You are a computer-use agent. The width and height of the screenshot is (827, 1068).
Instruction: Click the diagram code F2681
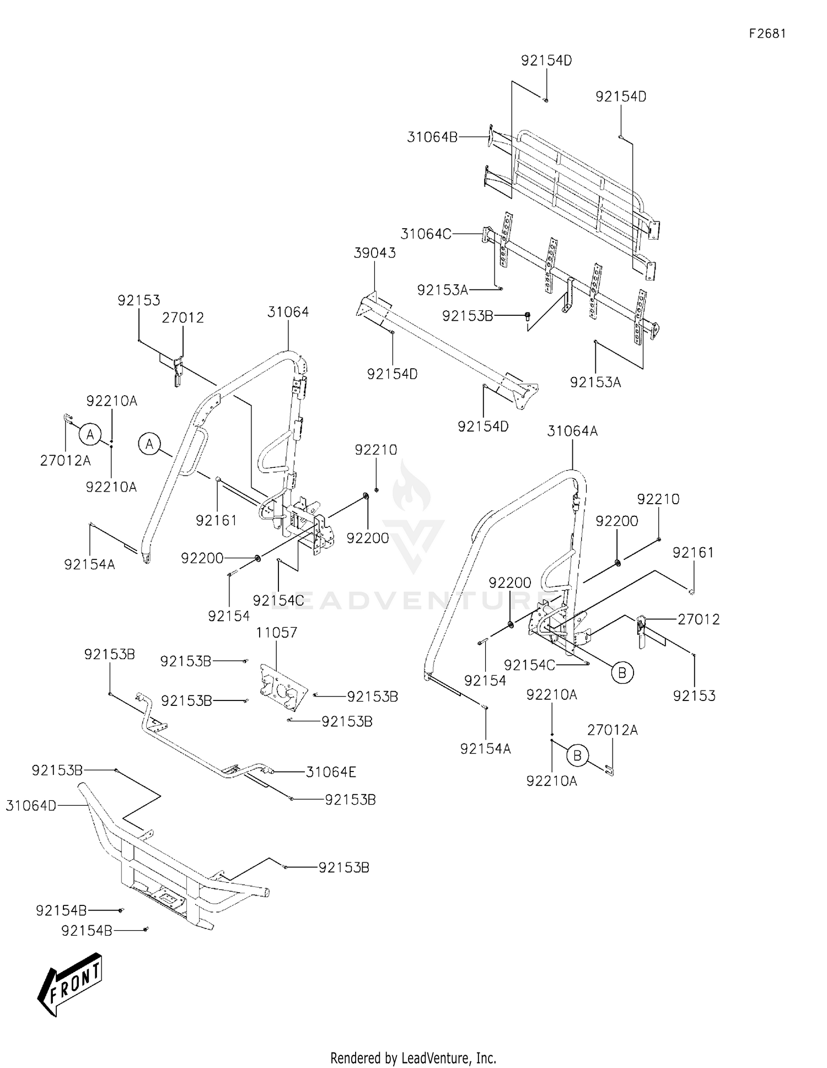pos(767,34)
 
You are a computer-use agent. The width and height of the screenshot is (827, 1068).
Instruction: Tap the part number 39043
pos(375,253)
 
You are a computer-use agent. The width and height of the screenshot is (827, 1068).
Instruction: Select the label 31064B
pos(432,137)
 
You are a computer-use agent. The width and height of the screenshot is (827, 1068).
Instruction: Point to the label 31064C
pos(426,234)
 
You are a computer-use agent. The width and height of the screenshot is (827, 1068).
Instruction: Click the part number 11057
pos(277,633)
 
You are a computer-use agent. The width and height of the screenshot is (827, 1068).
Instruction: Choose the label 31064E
pos(331,772)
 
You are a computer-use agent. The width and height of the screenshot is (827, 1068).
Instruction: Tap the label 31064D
pos(31,806)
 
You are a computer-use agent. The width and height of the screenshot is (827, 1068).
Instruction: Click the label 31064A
pos(572,431)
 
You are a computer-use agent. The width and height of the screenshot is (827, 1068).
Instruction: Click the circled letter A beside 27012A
pos(90,435)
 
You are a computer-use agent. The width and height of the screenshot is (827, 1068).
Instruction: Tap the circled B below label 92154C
pos(622,672)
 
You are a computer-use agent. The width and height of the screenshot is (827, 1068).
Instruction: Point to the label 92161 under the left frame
pos(217,520)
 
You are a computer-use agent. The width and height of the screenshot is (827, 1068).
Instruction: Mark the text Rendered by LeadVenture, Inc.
pos(413,1058)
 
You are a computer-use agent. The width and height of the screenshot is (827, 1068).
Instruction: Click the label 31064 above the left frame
pos(288,312)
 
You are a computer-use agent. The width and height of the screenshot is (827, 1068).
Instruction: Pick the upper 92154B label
pos(61,910)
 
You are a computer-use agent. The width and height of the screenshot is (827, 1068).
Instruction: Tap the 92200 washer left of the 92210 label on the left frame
pos(366,497)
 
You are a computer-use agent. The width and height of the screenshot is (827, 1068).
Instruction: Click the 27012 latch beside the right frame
pos(641,631)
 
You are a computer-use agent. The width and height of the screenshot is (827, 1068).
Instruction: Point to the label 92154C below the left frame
pos(278,600)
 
